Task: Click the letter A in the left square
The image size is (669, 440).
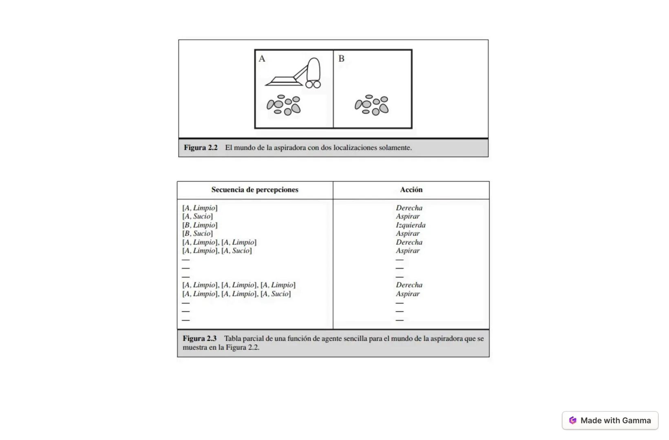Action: point(262,59)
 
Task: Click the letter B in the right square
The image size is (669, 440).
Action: point(341,59)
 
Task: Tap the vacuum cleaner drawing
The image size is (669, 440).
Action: point(295,75)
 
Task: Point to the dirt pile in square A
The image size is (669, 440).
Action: point(284,105)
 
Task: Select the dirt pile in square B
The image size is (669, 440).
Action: point(371,105)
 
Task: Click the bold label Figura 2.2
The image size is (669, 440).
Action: point(201,148)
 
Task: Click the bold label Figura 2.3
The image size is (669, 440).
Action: point(199,339)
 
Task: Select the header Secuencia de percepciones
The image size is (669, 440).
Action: point(255,190)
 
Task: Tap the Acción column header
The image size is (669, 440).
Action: point(411,190)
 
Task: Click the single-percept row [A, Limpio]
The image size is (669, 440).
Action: point(200,208)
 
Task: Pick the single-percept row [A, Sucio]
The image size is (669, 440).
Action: point(198,216)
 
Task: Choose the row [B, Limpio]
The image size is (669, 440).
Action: point(200,225)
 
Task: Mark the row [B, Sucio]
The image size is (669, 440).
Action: point(198,233)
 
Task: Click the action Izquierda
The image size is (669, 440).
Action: point(411,225)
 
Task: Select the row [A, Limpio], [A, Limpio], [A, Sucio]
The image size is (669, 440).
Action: point(236,294)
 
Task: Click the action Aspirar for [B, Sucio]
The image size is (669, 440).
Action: point(408,233)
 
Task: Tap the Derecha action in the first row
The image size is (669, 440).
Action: point(409,208)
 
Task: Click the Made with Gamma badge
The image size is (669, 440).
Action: point(610,420)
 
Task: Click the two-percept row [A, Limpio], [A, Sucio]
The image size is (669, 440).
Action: point(217,251)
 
